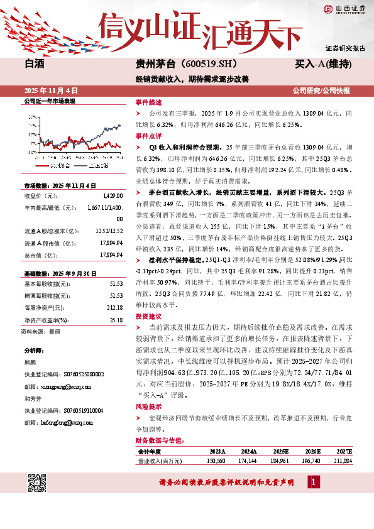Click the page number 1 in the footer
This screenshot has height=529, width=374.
(313, 482)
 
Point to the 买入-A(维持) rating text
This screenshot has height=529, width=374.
(322, 64)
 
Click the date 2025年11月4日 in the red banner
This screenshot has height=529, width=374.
(50, 90)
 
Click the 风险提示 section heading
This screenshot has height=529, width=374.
(148, 407)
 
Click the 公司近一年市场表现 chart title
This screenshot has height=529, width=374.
(49, 101)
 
